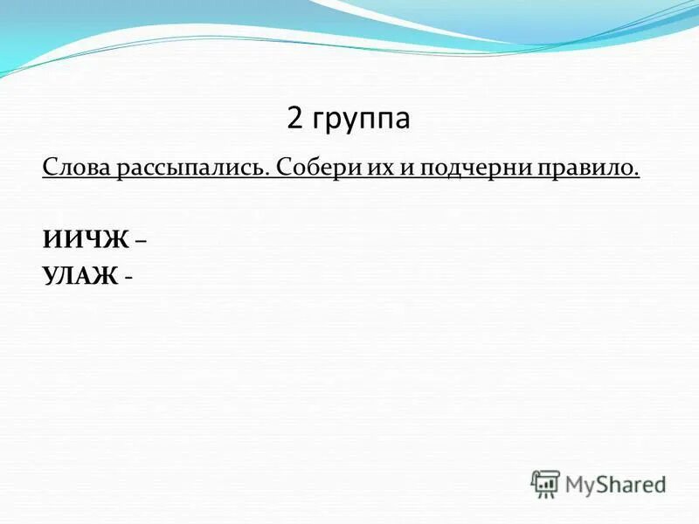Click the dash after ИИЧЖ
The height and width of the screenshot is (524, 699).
coord(141,240)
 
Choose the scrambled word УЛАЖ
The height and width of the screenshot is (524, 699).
coord(80,276)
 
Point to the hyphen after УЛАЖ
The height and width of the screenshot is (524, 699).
coord(129,278)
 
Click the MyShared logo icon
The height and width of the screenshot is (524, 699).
coord(545,484)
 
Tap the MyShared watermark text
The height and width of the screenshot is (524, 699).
coord(615,484)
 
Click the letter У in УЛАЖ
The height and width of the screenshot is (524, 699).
coord(49,276)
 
